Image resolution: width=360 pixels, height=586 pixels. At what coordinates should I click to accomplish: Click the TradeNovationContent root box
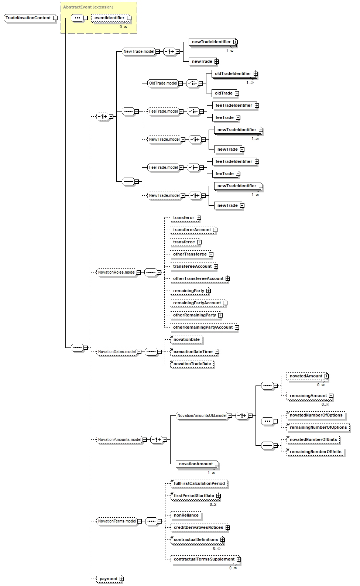(28, 18)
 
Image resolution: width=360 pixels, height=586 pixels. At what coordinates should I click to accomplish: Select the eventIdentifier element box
(109, 18)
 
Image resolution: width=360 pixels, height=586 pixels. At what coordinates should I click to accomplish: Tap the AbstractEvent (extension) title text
(88, 7)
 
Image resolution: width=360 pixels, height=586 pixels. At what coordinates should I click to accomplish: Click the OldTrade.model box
(163, 83)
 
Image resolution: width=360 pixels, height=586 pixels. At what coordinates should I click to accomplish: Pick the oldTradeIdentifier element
(233, 73)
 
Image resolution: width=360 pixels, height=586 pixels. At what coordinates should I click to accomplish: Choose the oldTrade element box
(223, 93)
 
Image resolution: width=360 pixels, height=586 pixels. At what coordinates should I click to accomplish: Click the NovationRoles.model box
(116, 272)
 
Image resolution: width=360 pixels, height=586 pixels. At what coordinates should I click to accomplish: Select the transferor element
(184, 217)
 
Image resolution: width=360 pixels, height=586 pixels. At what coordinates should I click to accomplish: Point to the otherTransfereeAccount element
(198, 278)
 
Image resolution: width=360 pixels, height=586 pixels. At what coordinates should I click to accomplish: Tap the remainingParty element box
(189, 291)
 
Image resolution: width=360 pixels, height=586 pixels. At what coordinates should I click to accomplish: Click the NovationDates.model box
(117, 352)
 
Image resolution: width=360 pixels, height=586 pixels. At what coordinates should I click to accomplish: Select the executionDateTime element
(193, 352)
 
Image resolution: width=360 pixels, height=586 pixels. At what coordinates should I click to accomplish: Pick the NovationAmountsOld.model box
(202, 415)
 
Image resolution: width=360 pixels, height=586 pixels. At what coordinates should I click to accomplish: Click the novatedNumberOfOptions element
(316, 415)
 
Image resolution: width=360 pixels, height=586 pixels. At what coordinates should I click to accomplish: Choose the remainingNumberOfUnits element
(315, 452)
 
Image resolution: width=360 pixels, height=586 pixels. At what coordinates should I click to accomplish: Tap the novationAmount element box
(196, 464)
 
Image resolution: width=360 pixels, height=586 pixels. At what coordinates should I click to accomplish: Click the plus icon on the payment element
(121, 579)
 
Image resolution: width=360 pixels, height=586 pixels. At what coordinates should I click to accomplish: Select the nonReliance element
(186, 515)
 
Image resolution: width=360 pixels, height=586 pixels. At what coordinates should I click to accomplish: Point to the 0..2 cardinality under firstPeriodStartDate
(213, 504)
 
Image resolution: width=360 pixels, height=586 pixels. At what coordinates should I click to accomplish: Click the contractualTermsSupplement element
(204, 559)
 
